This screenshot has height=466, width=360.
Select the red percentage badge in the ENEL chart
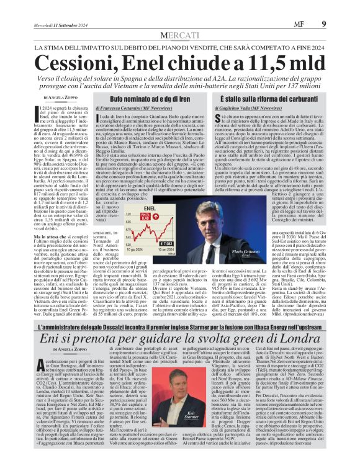[147, 218]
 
